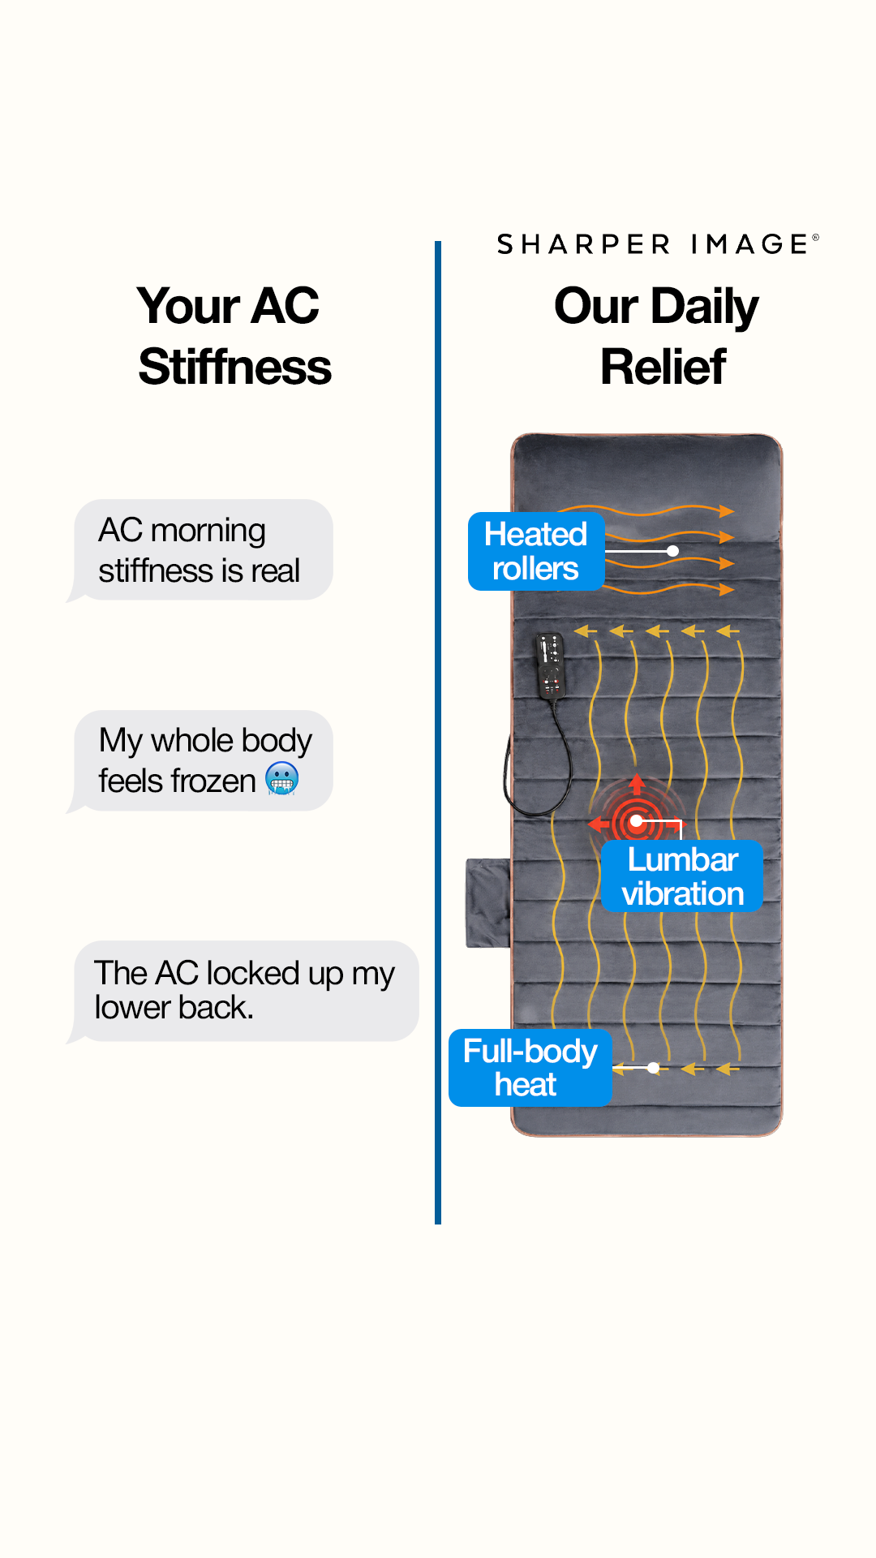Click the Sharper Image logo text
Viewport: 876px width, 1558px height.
pos(658,244)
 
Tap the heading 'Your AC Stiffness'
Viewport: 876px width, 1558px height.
pos(234,336)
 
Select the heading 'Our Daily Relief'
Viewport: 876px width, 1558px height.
pos(657,336)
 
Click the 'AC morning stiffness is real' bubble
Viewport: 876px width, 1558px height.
pos(200,550)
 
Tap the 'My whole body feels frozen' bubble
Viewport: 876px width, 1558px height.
pos(200,761)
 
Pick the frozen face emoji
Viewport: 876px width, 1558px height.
pos(282,779)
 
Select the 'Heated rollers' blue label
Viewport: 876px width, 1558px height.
pos(536,551)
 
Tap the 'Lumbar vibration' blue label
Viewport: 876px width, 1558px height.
pos(682,876)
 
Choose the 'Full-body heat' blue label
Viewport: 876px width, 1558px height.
pos(530,1068)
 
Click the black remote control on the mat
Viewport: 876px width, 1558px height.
pos(550,665)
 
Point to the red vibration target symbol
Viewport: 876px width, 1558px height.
pos(637,821)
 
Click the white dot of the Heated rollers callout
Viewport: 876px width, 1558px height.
pos(672,551)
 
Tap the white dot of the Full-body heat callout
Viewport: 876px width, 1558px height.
pos(654,1068)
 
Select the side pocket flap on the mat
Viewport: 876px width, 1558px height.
pos(488,903)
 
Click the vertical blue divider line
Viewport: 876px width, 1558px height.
pos(438,732)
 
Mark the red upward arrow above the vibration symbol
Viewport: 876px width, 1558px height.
pos(637,784)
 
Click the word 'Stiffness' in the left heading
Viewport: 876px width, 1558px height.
pos(234,367)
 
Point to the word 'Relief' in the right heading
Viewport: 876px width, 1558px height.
pos(663,367)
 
